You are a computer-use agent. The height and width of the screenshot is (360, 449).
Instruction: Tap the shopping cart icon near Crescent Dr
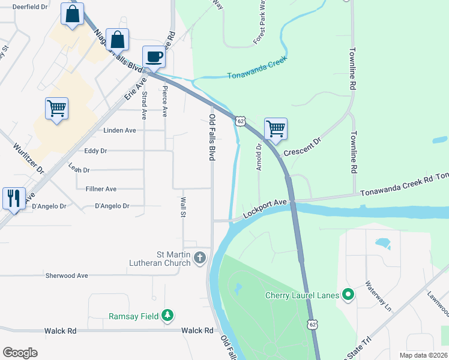coord(276,128)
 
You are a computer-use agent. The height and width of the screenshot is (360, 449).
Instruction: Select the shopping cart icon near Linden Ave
coord(56,109)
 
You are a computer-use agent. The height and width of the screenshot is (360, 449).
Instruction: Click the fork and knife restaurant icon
coord(14,198)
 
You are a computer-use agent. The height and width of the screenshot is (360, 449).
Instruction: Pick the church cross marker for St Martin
coord(200,257)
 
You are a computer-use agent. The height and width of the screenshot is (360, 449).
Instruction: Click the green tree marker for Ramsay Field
coord(168,316)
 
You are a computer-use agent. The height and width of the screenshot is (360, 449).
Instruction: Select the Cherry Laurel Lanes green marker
coord(348,295)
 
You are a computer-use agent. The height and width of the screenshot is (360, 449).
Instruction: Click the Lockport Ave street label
coord(265,210)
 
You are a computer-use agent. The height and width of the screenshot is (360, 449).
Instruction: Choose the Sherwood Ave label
coord(67,276)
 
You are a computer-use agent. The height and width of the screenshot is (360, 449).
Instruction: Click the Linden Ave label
coord(121,130)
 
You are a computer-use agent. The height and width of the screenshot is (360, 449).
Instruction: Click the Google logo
coord(20,353)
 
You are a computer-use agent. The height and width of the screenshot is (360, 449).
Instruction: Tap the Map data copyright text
coord(415,355)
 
